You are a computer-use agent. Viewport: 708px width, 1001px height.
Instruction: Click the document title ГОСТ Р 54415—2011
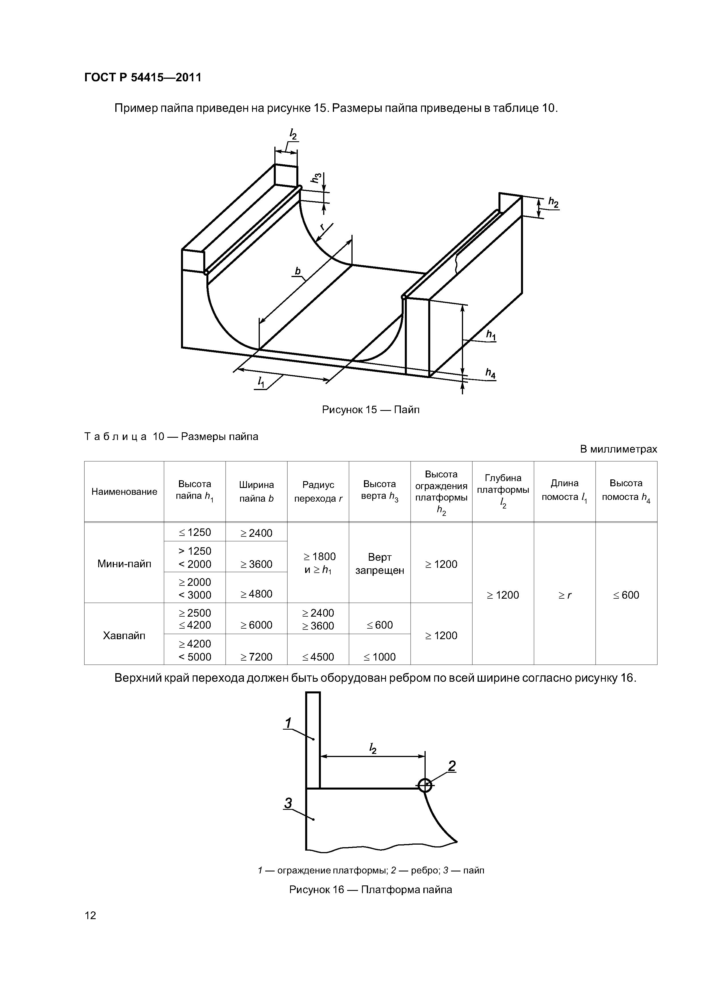[143, 78]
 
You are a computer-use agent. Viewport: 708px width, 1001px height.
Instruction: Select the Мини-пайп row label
[124, 564]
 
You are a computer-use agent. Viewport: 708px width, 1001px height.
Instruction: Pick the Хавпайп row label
[124, 635]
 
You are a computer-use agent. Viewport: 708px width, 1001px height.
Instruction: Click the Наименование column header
[124, 492]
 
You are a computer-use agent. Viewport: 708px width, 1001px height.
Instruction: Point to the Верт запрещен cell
[379, 564]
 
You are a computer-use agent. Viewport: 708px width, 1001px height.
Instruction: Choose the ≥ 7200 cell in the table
[256, 657]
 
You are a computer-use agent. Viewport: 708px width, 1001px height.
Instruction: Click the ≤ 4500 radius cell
[318, 657]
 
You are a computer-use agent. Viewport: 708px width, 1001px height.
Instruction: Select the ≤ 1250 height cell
[195, 532]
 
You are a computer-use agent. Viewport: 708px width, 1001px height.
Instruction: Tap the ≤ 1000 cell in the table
[379, 657]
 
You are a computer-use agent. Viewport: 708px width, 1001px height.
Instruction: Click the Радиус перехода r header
[318, 491]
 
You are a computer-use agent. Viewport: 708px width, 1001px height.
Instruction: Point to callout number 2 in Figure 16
[452, 766]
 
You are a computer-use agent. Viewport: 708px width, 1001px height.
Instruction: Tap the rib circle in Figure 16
[425, 785]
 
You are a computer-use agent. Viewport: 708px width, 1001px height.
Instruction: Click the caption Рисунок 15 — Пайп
[370, 410]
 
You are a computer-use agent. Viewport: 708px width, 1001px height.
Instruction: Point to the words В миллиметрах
[618, 449]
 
